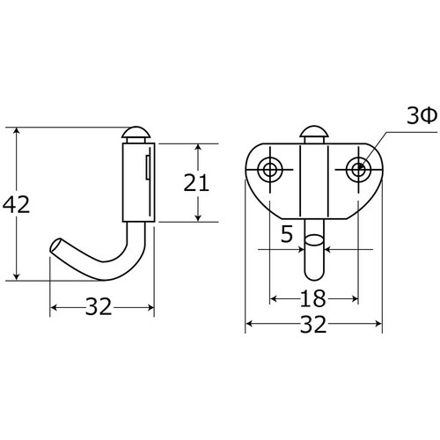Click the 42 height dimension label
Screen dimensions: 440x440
pos(16,204)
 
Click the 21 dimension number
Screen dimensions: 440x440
pos(196,182)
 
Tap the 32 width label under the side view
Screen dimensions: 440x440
pos(99,306)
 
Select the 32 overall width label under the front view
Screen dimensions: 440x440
pos(313,324)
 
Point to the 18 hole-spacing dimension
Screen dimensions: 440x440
pos(313,298)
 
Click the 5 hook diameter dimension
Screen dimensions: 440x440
pos(287,234)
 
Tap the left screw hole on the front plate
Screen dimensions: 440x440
pos(270,169)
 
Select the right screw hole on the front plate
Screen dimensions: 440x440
pos(358,169)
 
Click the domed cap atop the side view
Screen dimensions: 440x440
pos(136,135)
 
